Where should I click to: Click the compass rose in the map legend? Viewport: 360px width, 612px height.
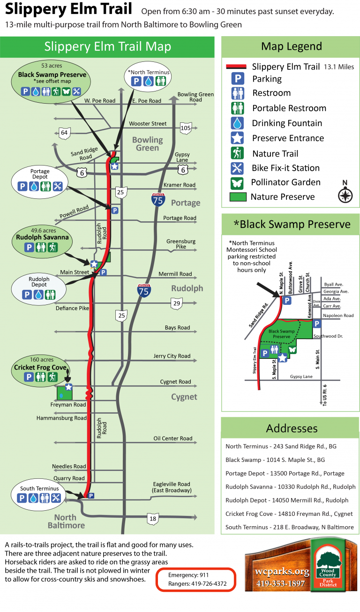(345, 196)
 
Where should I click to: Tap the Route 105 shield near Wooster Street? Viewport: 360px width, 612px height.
(186, 128)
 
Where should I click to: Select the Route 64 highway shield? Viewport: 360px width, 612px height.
(64, 133)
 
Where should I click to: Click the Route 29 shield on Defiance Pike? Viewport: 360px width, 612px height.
(177, 303)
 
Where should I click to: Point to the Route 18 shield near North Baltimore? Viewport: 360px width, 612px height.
(153, 519)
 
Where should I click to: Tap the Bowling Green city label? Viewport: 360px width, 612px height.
(148, 144)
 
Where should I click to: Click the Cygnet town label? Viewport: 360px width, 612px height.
(184, 397)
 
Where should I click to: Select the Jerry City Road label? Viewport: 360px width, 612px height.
(172, 356)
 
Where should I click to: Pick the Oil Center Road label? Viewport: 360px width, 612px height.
(173, 438)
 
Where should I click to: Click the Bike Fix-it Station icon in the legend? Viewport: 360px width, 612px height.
(237, 168)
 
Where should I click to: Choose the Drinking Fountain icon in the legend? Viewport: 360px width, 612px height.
(237, 123)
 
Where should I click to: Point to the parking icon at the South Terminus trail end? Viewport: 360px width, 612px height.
(91, 496)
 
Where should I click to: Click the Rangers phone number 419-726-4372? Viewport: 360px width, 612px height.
(209, 583)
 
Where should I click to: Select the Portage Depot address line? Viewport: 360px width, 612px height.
(285, 474)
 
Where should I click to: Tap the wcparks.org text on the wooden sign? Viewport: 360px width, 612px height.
(282, 571)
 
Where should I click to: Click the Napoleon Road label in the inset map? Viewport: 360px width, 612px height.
(338, 316)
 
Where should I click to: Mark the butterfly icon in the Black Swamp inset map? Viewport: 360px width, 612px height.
(292, 349)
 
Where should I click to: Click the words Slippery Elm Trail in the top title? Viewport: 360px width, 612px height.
(68, 9)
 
